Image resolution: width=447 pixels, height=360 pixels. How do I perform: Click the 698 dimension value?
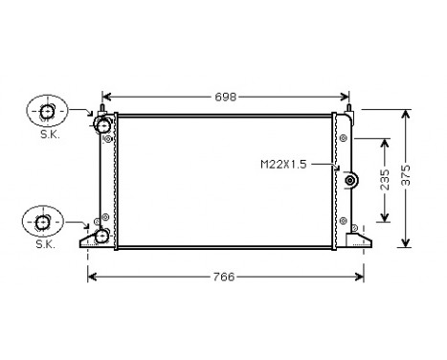pos(226,97)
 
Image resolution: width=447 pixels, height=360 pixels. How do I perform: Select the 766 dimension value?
pos(224,277)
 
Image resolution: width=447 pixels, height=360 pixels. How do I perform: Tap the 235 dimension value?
pos(385,180)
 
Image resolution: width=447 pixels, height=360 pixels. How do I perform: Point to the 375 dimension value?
pos(406,175)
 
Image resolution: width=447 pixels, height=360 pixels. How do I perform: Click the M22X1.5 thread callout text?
pos(283,165)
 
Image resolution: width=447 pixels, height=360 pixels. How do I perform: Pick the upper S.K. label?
pos(50,135)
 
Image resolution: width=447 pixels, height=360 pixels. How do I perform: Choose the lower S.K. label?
pos(46,244)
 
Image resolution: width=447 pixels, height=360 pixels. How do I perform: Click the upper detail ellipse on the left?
pos(47,111)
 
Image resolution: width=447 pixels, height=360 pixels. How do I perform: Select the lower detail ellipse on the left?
pos(43,221)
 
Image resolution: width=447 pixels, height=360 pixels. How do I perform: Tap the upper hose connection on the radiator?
pos(102,125)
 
